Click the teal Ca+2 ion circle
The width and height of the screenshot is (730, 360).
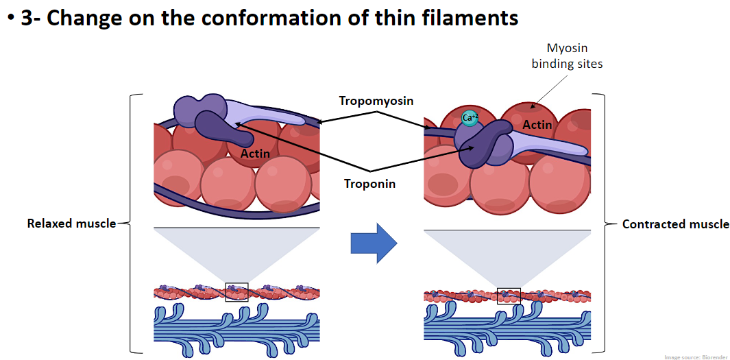[x=469, y=118]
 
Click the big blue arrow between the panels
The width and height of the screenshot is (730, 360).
[x=374, y=243]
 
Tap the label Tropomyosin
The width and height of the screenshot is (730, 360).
[x=376, y=101]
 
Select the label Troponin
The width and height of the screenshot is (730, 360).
[x=369, y=184]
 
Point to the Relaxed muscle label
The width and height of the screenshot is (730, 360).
[x=71, y=224]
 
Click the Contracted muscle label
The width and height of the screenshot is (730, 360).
[x=675, y=224]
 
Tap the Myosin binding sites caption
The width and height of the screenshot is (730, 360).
[x=567, y=56]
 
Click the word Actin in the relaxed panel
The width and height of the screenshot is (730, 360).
[x=255, y=153]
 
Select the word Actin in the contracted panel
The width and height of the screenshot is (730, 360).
[x=537, y=125]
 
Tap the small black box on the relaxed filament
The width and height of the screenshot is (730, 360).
[x=236, y=292]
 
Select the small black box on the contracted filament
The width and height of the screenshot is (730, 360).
[x=509, y=296]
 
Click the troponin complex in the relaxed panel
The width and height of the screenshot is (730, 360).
[x=206, y=117]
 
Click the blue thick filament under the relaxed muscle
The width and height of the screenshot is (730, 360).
[x=236, y=326]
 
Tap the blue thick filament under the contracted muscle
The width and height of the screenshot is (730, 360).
[x=507, y=326]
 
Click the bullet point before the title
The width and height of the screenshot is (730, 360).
[x=10, y=19]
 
